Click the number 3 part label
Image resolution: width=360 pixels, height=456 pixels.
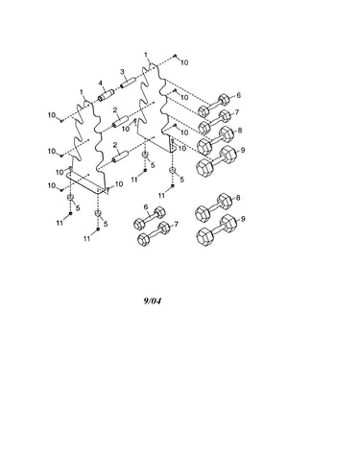point(122,72)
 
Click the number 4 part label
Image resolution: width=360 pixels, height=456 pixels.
point(100,84)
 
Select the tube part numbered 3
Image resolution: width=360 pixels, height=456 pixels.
point(128,83)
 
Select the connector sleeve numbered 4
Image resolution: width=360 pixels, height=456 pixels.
point(106,95)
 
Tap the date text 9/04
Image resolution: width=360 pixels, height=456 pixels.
point(153,300)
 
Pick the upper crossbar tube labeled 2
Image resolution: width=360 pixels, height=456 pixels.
point(119,122)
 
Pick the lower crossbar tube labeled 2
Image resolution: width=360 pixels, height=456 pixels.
point(119,156)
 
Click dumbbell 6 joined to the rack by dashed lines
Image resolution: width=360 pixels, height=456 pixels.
point(214,105)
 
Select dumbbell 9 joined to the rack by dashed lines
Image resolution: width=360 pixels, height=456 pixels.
point(217,160)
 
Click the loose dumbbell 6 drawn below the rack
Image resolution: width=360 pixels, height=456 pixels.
point(150,218)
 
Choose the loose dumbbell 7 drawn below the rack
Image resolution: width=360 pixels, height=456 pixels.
point(154,233)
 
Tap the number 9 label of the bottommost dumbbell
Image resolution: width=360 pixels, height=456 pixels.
point(243,219)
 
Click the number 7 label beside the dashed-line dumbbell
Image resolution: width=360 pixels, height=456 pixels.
point(237,112)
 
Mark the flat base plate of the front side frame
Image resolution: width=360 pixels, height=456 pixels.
point(85,182)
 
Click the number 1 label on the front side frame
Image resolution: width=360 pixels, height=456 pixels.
point(82,92)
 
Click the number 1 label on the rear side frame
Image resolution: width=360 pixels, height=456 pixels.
point(146,55)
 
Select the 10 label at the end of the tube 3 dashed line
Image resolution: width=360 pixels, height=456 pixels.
point(184,62)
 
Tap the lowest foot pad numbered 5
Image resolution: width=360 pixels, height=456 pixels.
point(98,213)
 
